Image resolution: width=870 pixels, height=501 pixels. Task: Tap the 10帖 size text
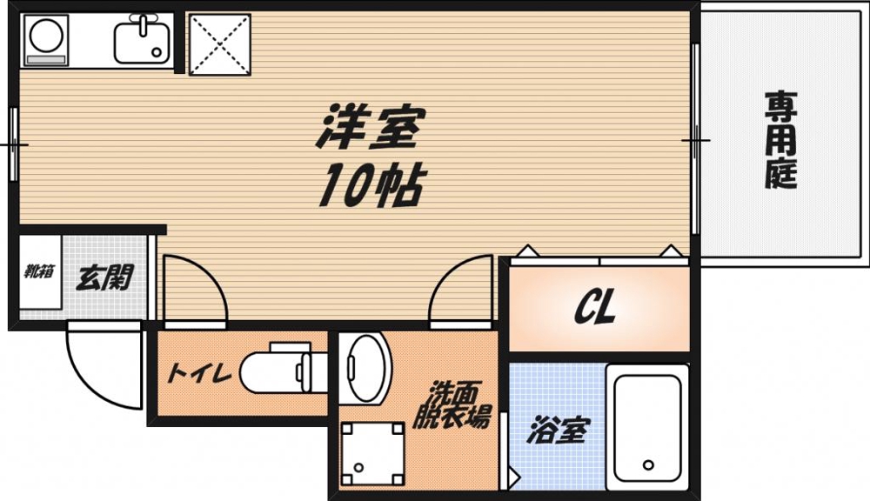[370, 185]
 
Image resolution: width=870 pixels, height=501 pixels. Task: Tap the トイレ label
[197, 375]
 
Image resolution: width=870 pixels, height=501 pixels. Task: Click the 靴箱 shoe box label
[38, 271]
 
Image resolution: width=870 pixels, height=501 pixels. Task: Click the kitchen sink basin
[142, 42]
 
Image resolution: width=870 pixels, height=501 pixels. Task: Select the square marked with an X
[219, 43]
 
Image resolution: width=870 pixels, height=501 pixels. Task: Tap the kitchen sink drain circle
[157, 51]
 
